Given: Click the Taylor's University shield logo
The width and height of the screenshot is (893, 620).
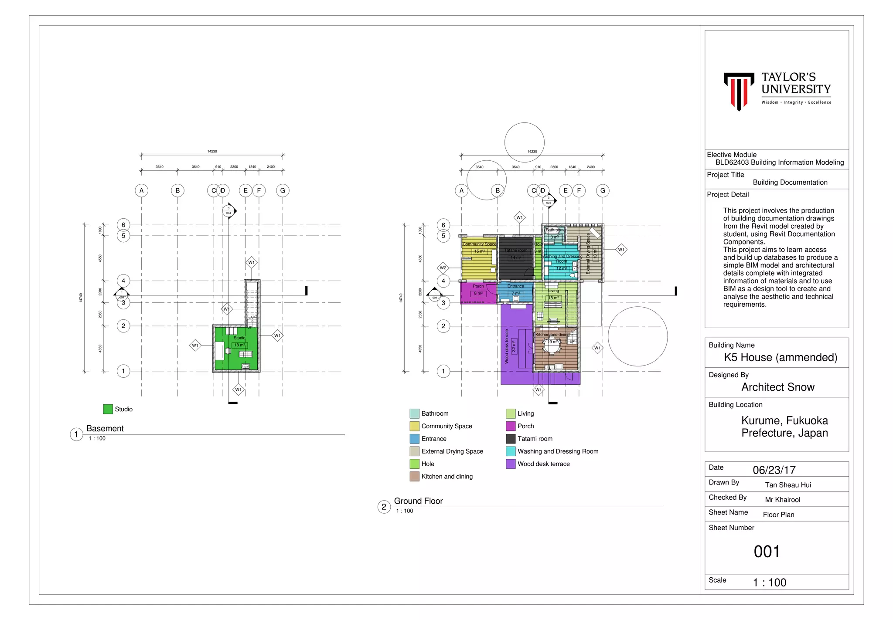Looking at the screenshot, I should point(739,91).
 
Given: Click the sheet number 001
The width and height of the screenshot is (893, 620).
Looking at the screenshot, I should point(767,552).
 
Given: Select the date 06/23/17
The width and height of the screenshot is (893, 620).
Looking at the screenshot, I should point(774,470).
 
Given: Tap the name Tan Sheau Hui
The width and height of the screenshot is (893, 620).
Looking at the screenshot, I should point(788,485).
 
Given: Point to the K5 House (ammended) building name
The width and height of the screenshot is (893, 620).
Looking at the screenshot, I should point(781,357).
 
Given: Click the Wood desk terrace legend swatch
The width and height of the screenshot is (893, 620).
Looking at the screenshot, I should point(511,464).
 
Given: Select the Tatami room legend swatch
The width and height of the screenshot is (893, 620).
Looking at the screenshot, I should point(511,439).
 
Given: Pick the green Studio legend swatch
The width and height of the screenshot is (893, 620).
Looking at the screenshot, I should point(108,409).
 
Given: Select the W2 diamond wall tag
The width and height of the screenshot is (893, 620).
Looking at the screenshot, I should point(443,268).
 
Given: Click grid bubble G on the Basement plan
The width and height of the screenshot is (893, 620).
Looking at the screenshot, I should point(283,190).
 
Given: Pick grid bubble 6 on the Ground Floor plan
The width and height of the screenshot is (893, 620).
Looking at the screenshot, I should point(443,225).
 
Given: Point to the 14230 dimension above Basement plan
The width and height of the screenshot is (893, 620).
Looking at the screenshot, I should point(212,151).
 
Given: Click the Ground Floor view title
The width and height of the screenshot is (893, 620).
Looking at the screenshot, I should point(418,501).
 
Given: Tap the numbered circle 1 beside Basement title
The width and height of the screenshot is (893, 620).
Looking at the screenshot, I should point(76,434).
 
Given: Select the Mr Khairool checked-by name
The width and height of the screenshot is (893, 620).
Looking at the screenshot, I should point(782,500).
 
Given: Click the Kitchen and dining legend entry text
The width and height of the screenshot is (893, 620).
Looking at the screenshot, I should point(447,477).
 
